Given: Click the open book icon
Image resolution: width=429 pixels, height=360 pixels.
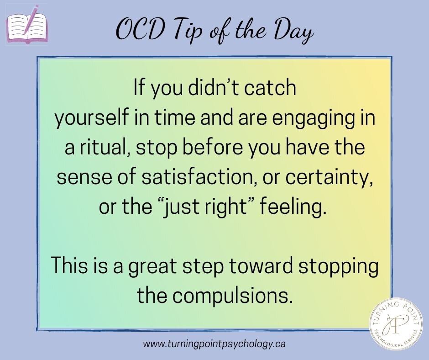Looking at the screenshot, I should point(26,28).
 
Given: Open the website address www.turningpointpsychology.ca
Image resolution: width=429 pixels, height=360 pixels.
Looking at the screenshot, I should point(214,344).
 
